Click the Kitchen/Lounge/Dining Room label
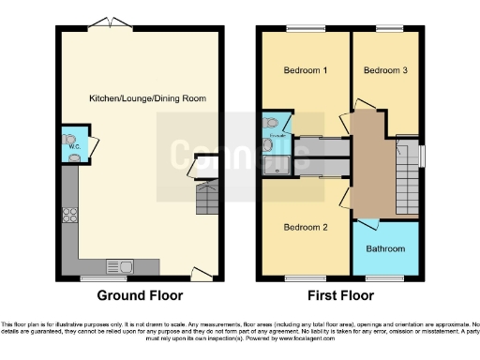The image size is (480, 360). pos(147,98)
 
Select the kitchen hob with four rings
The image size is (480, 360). pos(69,216)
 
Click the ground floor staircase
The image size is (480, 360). pos(206,199)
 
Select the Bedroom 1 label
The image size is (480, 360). pos(304,70)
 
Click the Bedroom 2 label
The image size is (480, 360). pos(304,228)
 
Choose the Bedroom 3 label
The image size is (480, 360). pos(384,70)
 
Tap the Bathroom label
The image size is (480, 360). pos(385,248)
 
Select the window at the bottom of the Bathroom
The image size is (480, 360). pos(384,278)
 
